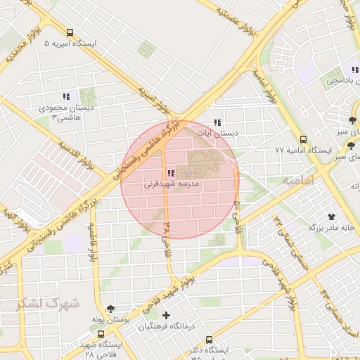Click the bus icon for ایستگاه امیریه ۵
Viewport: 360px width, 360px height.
tap(70, 32)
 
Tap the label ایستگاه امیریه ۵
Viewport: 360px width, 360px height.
tap(70, 44)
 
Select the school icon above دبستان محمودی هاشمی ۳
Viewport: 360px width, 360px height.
tap(66, 96)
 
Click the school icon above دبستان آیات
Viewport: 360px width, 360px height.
tap(217, 122)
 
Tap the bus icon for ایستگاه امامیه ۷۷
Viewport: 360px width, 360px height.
tap(303, 139)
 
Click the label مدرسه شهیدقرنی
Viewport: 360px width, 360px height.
tap(172, 184)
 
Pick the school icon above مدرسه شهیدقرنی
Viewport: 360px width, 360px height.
tap(171, 173)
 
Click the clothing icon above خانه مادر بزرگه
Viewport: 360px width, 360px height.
tap(331, 217)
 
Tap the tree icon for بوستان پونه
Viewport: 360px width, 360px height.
tap(110, 308)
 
